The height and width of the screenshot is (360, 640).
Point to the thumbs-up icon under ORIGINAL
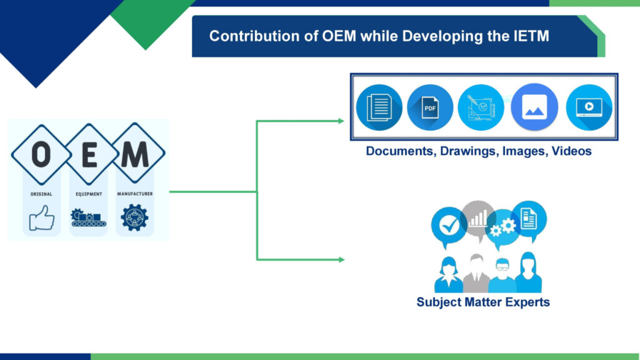pos(41,218)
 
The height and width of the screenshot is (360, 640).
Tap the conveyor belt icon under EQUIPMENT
pos(88,217)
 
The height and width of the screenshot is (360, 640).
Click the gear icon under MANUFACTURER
pos(134,217)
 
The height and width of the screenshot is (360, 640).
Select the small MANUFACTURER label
pos(135,194)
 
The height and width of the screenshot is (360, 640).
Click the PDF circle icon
pos(430,107)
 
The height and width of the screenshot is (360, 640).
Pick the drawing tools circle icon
pos(481,107)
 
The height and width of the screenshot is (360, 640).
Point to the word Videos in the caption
pos(571,151)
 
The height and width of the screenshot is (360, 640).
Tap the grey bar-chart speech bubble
pos(479,217)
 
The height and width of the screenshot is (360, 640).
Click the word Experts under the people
pos(524,302)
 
